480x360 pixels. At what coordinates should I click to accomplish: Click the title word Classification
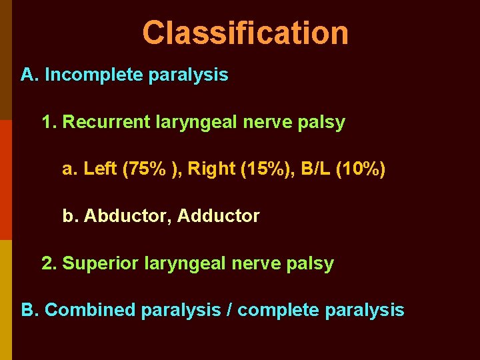(245, 33)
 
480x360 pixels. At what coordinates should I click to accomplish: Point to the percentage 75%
(146, 169)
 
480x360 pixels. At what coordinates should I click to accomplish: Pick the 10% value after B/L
(361, 169)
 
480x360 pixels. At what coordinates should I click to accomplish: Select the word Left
(101, 169)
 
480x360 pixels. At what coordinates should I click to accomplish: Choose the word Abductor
(127, 216)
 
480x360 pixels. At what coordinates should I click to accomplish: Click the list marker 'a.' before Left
(69, 169)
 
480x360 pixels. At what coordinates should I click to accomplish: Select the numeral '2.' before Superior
(49, 263)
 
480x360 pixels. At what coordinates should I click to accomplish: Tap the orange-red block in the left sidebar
(5, 180)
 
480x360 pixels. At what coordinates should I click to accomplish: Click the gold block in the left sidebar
(5, 300)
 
